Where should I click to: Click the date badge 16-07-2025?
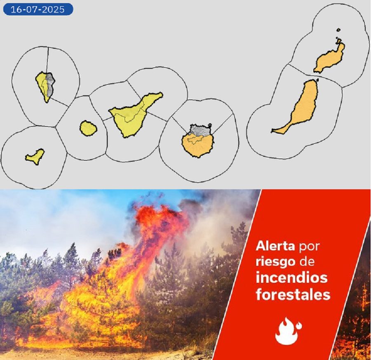[38, 9]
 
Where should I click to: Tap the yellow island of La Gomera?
[88, 128]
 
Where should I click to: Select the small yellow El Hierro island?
[35, 156]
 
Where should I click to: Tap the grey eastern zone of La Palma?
[50, 85]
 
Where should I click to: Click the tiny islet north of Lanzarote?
[338, 30]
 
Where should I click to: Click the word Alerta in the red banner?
[275, 246]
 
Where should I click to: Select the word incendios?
[291, 278]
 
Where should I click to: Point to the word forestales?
[293, 295]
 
